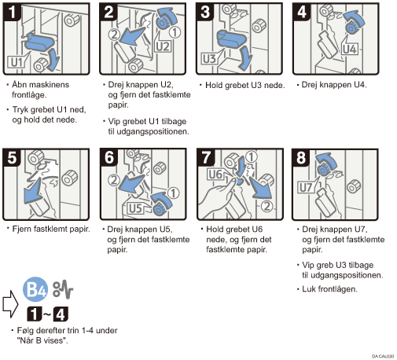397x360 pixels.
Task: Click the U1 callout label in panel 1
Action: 17,63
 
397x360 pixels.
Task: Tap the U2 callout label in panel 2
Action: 163,46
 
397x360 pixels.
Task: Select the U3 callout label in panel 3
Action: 209,59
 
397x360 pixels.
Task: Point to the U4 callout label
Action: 350,50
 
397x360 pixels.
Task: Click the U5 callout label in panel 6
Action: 135,208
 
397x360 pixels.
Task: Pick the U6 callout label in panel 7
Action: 215,174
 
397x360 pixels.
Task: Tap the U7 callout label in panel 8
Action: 306,188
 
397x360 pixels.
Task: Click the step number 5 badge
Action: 12,158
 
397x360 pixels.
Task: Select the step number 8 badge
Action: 301,158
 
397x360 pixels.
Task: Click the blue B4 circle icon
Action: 35,289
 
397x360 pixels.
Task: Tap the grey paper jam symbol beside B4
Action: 63,290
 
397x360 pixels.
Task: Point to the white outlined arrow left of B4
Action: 10,304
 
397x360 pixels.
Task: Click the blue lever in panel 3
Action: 231,39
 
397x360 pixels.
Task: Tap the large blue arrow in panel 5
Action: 33,191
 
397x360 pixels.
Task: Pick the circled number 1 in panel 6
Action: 173,193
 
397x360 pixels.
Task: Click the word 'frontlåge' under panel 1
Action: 29,94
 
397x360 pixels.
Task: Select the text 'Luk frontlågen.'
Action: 329,289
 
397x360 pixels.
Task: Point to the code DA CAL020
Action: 383,356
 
